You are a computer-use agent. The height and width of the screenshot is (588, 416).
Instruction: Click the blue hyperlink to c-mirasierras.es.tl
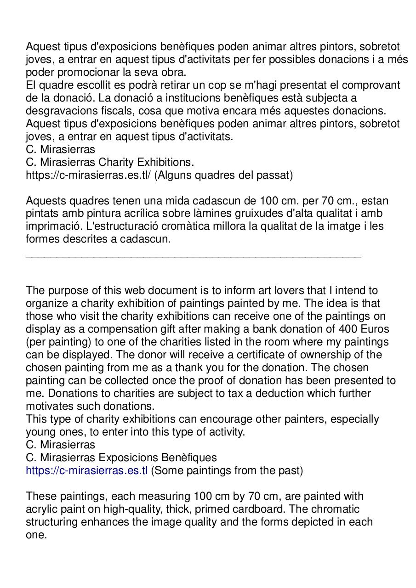86,470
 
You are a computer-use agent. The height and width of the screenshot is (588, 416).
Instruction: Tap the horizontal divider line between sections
193,256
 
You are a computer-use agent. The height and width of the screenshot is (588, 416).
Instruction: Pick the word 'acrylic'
43,509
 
